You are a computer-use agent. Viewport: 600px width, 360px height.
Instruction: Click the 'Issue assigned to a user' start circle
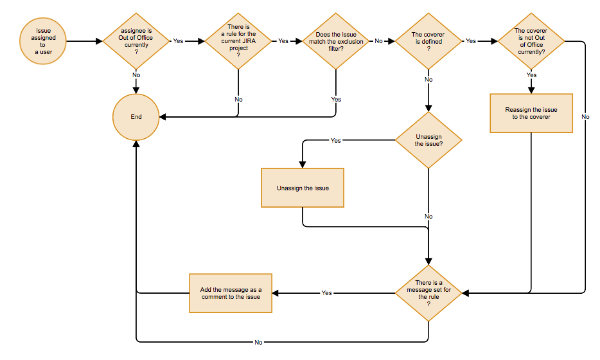(x=43, y=41)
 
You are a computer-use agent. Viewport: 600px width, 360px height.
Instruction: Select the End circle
(x=136, y=117)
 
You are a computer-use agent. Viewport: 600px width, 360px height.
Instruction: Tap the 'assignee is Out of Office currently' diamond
(x=136, y=41)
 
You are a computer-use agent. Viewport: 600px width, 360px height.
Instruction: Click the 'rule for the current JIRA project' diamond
(x=238, y=41)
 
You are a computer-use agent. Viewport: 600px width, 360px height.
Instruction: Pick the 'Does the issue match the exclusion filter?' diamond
(x=336, y=41)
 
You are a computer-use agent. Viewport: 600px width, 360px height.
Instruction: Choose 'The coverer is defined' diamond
(x=428, y=41)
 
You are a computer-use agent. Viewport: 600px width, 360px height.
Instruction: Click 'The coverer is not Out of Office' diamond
(x=531, y=41)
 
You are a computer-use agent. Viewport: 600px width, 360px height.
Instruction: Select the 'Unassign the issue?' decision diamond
(x=428, y=140)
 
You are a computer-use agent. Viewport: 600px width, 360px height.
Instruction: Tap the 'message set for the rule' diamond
(x=428, y=293)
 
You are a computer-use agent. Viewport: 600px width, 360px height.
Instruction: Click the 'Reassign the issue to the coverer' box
(x=531, y=113)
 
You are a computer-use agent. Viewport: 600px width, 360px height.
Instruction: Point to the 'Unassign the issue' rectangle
(x=303, y=188)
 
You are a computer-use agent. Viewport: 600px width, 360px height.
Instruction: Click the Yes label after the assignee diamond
(x=178, y=41)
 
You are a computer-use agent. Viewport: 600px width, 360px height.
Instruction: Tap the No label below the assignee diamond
(x=136, y=75)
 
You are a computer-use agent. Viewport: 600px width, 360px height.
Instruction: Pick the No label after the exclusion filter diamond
(x=378, y=41)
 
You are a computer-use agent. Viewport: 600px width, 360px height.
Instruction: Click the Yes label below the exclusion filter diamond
(x=336, y=100)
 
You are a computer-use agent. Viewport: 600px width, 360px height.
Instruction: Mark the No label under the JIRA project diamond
(x=238, y=100)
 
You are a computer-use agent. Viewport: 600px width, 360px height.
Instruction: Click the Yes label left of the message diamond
(x=326, y=293)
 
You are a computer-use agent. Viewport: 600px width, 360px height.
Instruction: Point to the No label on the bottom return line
(x=258, y=342)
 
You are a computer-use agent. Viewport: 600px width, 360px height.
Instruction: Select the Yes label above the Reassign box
(x=531, y=75)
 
